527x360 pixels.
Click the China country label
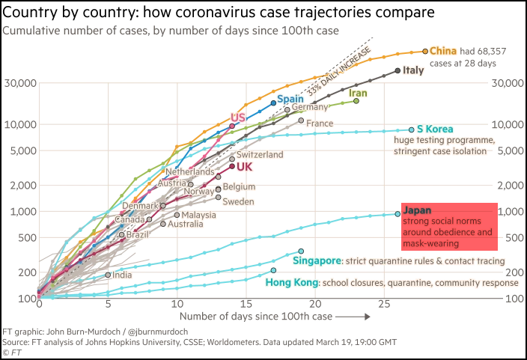pyautogui.click(x=443, y=51)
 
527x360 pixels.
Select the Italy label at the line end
pyautogui.click(x=413, y=70)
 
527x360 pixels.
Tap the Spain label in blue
pyautogui.click(x=290, y=99)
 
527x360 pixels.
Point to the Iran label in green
pyautogui.click(x=357, y=93)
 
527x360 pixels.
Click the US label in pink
pyautogui.click(x=238, y=118)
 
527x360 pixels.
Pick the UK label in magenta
pyautogui.click(x=245, y=166)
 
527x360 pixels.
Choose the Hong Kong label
pyautogui.click(x=291, y=283)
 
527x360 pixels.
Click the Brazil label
pyautogui.click(x=138, y=235)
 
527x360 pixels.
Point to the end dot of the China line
pyautogui.click(x=426, y=51)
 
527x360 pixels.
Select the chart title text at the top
pyautogui.click(x=171, y=31)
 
